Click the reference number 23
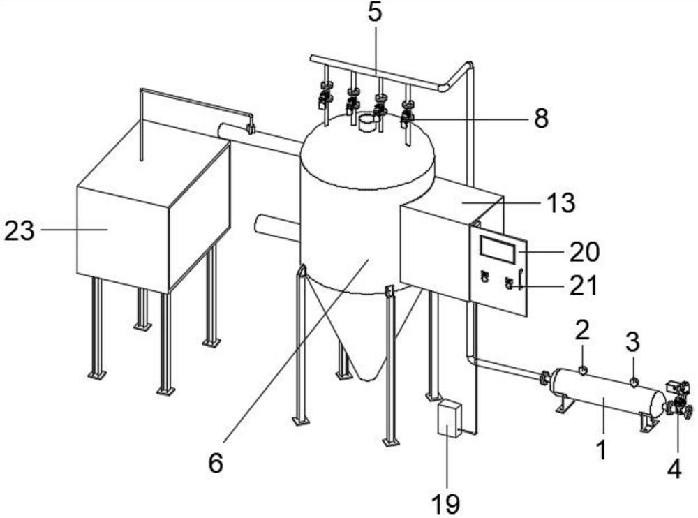[x=19, y=231]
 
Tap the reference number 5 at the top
[x=375, y=13]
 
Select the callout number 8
[x=541, y=119]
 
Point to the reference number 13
[x=560, y=202]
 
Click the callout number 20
[x=585, y=251]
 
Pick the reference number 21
[x=584, y=286]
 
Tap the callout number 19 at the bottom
[x=445, y=505]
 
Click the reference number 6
[x=216, y=464]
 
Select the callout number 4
[x=674, y=469]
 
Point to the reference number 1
[x=602, y=450]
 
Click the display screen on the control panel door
[x=497, y=249]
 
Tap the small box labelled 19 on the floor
[x=449, y=419]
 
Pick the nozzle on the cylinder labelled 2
[x=583, y=370]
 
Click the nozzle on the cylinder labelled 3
[x=634, y=382]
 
